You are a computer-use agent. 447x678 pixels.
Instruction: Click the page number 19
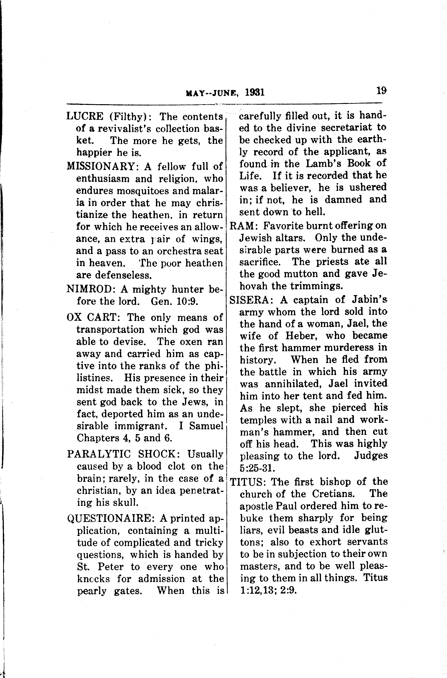click(x=381, y=91)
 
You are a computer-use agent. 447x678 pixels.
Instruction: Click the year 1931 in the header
click(x=255, y=93)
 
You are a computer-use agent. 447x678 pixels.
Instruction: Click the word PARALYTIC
click(x=99, y=454)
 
